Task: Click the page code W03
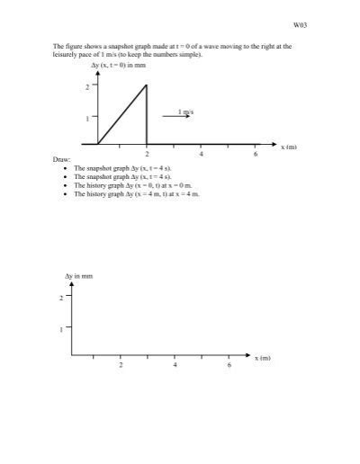tap(302, 25)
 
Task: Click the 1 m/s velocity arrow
tap(176, 116)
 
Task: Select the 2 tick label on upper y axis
tap(87, 86)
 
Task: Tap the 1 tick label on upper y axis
tap(87, 118)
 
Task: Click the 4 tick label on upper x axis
tap(202, 154)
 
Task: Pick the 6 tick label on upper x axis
tap(256, 154)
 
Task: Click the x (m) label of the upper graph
tap(289, 146)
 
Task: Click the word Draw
tap(61, 160)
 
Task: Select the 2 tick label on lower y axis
tap(61, 297)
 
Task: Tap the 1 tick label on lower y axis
tap(61, 328)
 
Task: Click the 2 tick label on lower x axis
tap(121, 365)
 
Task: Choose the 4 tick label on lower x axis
tap(175, 365)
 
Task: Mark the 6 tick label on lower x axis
tap(229, 365)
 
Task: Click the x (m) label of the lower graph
tap(262, 357)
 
